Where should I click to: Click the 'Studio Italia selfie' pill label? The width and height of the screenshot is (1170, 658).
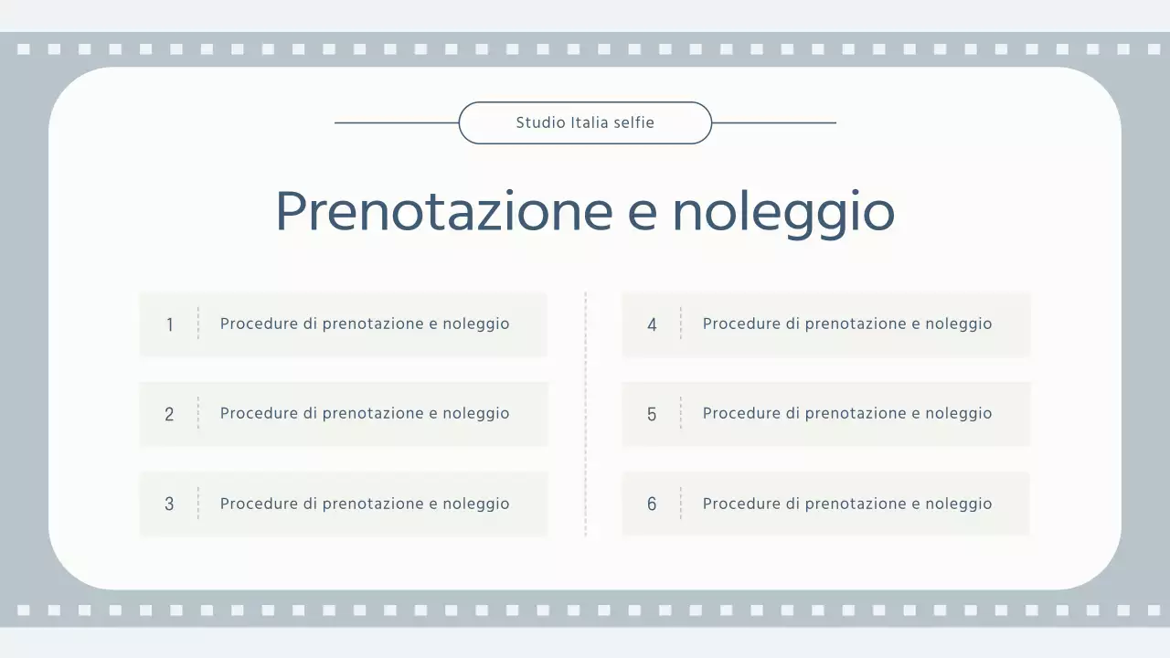coord(585,122)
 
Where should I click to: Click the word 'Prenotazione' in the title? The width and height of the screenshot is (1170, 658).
coord(443,211)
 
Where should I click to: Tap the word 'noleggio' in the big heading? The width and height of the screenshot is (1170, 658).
coord(783,211)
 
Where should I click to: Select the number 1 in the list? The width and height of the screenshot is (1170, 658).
coord(169,324)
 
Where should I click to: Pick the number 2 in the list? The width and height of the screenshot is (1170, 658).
coord(169,414)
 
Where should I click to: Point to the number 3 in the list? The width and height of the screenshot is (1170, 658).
coord(169,504)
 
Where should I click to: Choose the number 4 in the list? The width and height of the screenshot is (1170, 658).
coord(652,324)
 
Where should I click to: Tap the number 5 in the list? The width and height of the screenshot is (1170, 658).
coord(652,414)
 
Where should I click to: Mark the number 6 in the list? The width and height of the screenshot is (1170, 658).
coord(652,504)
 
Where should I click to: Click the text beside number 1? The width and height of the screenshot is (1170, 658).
coord(365,324)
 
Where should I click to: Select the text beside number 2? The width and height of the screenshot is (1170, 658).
coord(365,413)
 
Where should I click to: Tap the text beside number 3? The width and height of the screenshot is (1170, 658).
coord(365,504)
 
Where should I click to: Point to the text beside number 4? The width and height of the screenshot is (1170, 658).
coord(847,324)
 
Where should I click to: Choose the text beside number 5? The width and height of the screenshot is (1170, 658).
coord(847,413)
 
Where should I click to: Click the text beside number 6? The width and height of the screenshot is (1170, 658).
coord(847,504)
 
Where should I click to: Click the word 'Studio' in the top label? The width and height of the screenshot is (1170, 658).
coord(540,122)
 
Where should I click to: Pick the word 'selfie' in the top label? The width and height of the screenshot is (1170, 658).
coord(634,122)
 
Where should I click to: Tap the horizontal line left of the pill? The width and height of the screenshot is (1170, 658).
coord(397,122)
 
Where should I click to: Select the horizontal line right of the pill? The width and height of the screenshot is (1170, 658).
coord(773,122)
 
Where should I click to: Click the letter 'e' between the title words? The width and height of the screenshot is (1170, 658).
coord(643,213)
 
